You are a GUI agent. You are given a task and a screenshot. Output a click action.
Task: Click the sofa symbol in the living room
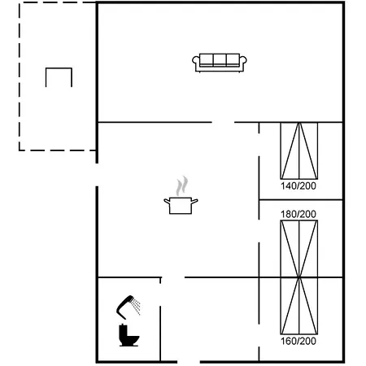point(220,63)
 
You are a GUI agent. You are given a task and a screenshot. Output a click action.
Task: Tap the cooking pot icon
point(181,206)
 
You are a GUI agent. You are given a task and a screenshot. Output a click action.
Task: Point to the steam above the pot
point(181,185)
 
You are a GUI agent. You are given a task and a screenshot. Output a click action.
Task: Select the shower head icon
point(125,307)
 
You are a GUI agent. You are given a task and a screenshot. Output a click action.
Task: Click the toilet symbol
point(129,335)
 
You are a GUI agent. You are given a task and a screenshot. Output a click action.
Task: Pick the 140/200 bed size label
point(298,186)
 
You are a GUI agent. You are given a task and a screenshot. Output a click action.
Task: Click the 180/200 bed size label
point(298,214)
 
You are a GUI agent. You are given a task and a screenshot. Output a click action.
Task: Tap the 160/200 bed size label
point(298,341)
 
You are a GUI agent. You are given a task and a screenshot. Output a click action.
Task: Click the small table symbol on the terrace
point(59,68)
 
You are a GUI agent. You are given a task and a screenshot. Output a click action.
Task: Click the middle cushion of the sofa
point(220,59)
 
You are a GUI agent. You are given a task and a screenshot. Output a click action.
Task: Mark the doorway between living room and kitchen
point(223,122)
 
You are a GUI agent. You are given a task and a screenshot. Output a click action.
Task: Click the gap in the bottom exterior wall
point(189,362)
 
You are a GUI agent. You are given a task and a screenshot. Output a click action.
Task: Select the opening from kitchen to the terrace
point(97,175)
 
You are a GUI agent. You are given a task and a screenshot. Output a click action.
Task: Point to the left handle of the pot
point(167,201)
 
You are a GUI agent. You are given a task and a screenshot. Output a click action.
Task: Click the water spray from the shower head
point(136,307)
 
